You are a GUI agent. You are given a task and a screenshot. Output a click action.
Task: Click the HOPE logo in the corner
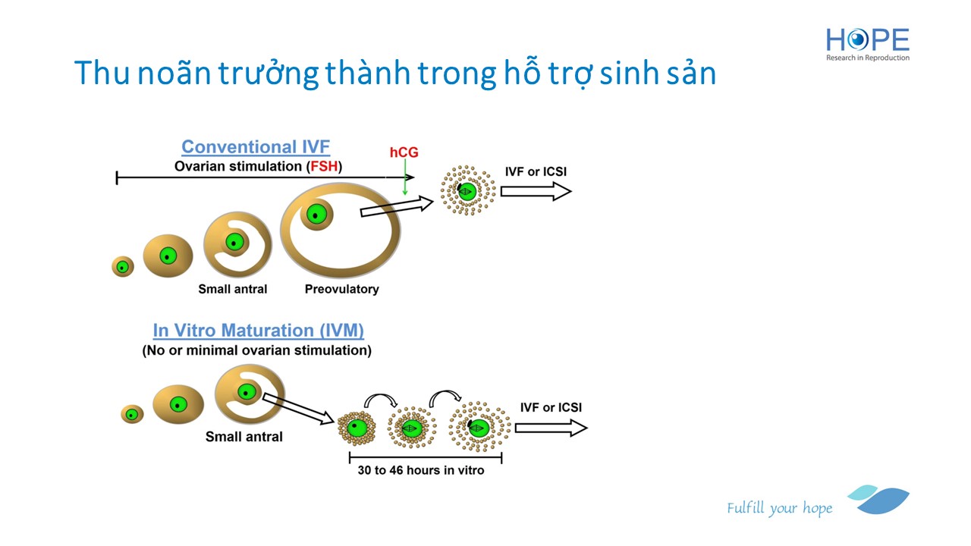point(867,44)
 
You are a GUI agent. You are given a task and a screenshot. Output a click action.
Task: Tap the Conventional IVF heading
point(256,147)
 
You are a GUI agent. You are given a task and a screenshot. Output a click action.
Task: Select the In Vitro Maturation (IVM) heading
point(259,331)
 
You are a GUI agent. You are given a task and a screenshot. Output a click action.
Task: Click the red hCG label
point(404,152)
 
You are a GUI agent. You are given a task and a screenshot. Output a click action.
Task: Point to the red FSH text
point(324,166)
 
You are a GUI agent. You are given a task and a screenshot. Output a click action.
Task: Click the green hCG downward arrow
point(405,177)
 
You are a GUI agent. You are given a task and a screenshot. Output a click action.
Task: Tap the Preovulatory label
point(341,289)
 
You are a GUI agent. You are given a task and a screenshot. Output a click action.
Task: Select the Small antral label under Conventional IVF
point(232,289)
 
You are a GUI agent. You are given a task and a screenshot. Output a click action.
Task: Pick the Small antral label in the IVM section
point(244,436)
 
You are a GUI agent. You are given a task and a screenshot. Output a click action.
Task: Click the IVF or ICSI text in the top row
point(536,171)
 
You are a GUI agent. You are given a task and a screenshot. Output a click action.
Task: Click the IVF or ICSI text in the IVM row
point(551,407)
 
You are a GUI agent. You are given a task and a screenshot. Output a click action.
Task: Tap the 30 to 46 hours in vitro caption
point(420,470)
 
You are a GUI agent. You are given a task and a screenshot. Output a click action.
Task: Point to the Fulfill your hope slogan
point(779,508)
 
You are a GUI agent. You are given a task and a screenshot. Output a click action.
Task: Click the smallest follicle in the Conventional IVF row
point(123,266)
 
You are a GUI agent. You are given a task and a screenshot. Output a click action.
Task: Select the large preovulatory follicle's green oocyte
point(316,215)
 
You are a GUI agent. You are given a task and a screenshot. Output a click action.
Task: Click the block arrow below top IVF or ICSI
point(536,192)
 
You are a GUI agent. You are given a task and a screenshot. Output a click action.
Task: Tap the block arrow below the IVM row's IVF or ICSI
point(551,428)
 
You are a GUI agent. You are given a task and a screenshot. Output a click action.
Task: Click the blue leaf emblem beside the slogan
point(880,500)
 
